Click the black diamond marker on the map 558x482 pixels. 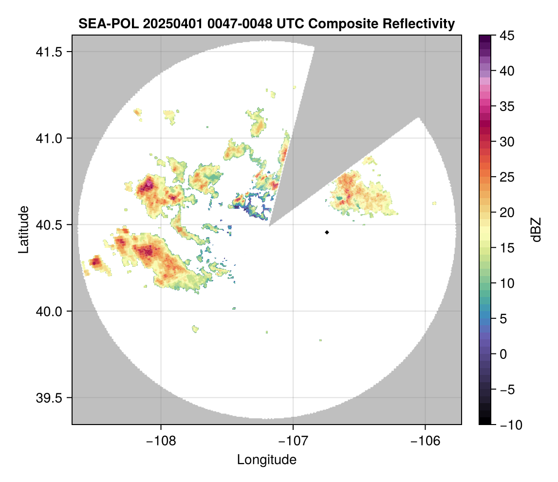pyautogui.click(x=327, y=232)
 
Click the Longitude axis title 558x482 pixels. pyautogui.click(x=267, y=459)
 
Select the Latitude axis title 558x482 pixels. pyautogui.click(x=23, y=229)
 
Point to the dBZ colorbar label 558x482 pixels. pyautogui.click(x=536, y=229)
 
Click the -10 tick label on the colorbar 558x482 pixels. pyautogui.click(x=508, y=425)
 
